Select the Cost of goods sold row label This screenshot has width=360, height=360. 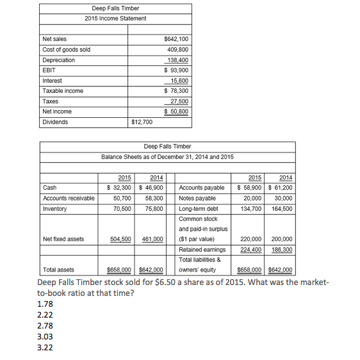point(66,50)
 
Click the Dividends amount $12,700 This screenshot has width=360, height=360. point(142,122)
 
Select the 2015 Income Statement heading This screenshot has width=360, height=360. point(115,18)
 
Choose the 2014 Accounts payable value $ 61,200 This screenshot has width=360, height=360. point(279,188)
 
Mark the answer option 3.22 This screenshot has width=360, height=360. point(45,348)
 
